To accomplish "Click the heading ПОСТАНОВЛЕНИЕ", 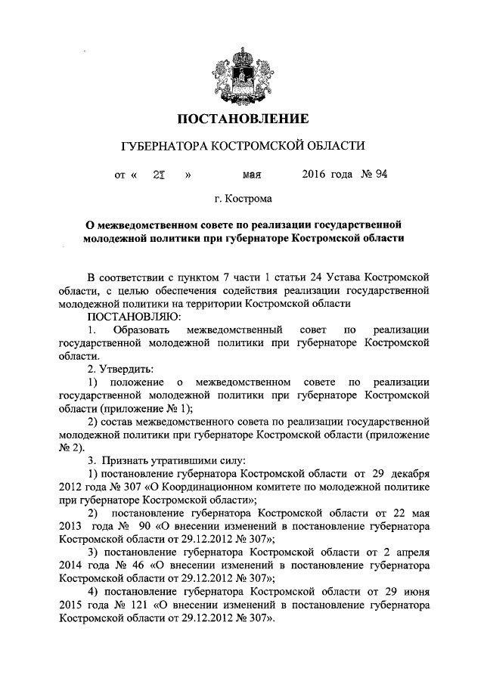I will point(243,119).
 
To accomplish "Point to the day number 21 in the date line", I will point(158,173).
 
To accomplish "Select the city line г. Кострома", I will point(242,200).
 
